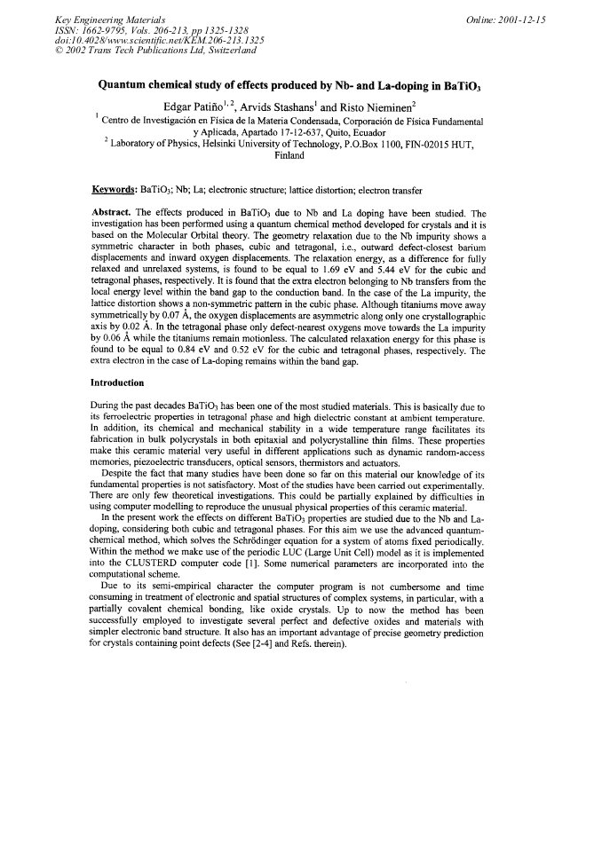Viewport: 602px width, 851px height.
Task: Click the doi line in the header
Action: coord(159,40)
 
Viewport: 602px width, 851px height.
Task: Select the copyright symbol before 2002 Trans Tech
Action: coord(59,51)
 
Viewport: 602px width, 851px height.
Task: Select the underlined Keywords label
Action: coord(115,189)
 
